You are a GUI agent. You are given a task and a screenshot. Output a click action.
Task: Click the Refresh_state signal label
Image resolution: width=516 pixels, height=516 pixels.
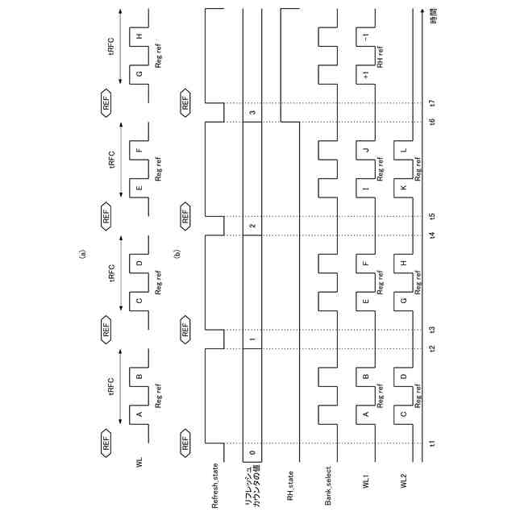point(214,486)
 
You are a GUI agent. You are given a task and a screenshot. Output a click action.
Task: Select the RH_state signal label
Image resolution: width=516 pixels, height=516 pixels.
point(290,489)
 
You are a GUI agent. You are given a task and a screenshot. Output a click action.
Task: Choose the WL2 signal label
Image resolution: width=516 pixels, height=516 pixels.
point(404,482)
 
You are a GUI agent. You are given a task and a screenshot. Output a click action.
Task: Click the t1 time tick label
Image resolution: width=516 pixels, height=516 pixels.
point(433,443)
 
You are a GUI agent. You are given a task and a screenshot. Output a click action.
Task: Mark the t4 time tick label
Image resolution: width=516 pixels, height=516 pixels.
point(433,235)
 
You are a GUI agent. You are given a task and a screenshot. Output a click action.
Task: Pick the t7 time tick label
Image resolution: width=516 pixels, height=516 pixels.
point(433,103)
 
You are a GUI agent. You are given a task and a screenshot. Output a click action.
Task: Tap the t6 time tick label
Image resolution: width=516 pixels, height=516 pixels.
point(433,122)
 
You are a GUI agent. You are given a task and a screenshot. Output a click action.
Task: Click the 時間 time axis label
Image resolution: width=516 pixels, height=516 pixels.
point(433,16)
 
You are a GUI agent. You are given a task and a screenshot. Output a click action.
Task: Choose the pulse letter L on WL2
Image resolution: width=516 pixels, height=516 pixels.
point(404,151)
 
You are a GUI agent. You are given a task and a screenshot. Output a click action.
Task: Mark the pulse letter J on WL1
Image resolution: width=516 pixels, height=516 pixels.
point(366,151)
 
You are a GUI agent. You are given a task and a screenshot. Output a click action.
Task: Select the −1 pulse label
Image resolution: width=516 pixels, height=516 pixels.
point(366,37)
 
